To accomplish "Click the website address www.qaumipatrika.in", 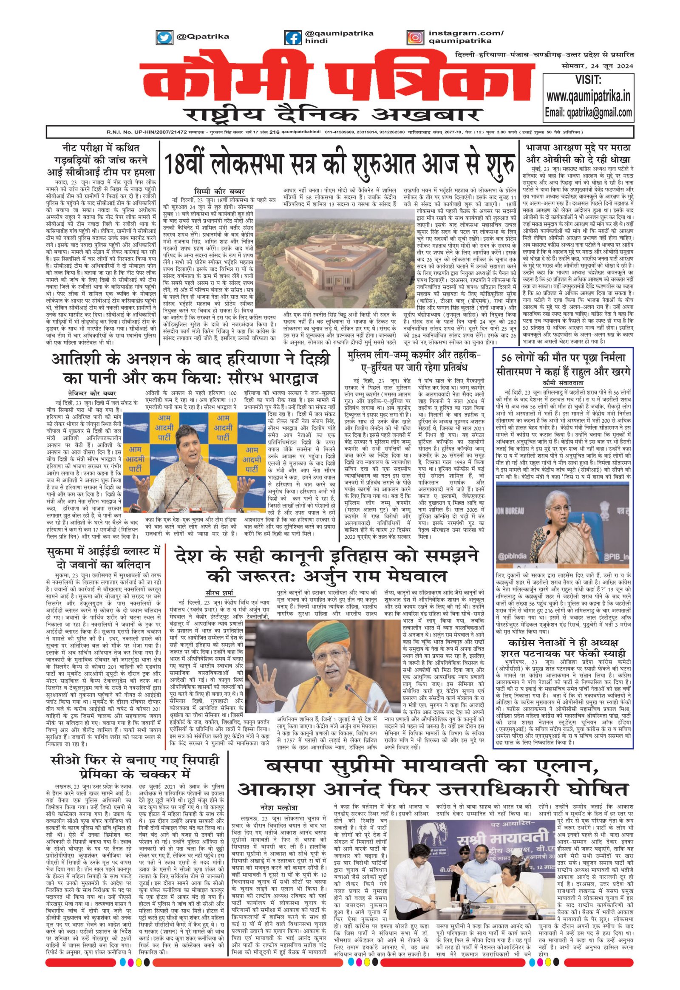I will tap(588, 96).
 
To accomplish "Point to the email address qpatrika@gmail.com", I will tap(588, 113).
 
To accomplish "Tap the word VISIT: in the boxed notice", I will tap(588, 80).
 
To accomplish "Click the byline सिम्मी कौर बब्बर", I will tap(218, 190).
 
